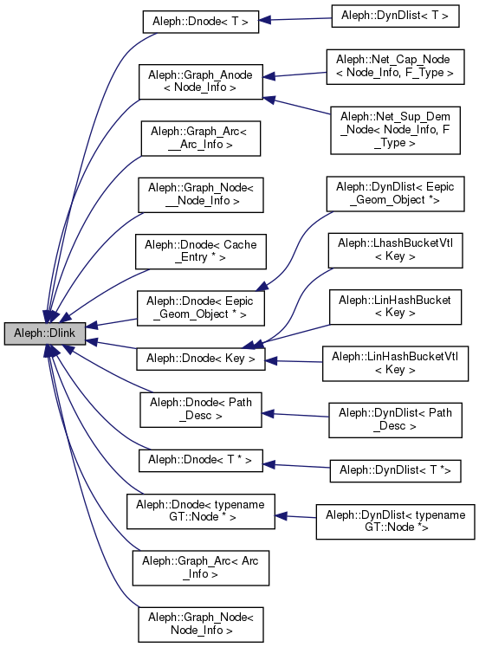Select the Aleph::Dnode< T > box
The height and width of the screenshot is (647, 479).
(200, 22)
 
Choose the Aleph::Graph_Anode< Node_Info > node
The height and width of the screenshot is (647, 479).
(200, 80)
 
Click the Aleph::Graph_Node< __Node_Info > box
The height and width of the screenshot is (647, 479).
(200, 193)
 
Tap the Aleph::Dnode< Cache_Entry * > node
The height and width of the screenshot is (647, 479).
(200, 251)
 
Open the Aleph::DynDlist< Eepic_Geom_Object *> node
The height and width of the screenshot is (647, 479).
(395, 193)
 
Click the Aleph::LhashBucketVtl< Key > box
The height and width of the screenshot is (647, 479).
(395, 250)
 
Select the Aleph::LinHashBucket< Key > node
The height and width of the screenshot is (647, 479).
(395, 306)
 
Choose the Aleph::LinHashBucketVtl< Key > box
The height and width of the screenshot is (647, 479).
(395, 363)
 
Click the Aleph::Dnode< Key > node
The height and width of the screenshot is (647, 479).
(200, 358)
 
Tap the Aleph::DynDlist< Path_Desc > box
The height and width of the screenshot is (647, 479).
(395, 421)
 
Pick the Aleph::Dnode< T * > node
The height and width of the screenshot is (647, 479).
(200, 459)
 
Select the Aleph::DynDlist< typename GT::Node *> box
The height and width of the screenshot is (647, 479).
(395, 521)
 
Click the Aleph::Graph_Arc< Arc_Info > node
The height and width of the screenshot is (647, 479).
(200, 566)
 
